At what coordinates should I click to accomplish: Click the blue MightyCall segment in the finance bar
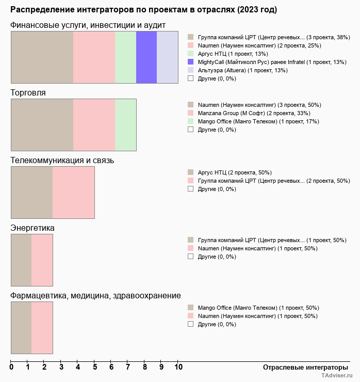point(146,57)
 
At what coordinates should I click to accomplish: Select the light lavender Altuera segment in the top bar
point(168,57)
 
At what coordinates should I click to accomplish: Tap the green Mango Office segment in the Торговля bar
point(126,125)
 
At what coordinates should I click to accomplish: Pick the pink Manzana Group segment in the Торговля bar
point(94,125)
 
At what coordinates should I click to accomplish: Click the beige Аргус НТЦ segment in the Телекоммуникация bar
point(32,193)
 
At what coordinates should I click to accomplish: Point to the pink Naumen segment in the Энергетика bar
point(42,260)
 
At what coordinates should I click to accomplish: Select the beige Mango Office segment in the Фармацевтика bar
point(22,328)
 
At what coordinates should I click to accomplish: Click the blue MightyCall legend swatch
point(191,62)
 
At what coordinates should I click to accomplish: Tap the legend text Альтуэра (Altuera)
point(222,70)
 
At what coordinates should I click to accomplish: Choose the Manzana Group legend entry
point(254,113)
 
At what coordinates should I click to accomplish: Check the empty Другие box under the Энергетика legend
point(191,257)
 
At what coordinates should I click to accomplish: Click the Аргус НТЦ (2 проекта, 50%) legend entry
point(235,173)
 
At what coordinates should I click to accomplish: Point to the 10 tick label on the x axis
point(178,367)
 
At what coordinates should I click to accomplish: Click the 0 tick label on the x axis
point(11,367)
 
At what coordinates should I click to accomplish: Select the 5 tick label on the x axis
point(95,367)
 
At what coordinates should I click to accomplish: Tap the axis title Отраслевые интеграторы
point(305,368)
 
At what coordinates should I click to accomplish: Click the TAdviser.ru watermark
point(337,375)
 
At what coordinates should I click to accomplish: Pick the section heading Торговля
point(28,93)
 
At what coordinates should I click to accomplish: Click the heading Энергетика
point(32,228)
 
